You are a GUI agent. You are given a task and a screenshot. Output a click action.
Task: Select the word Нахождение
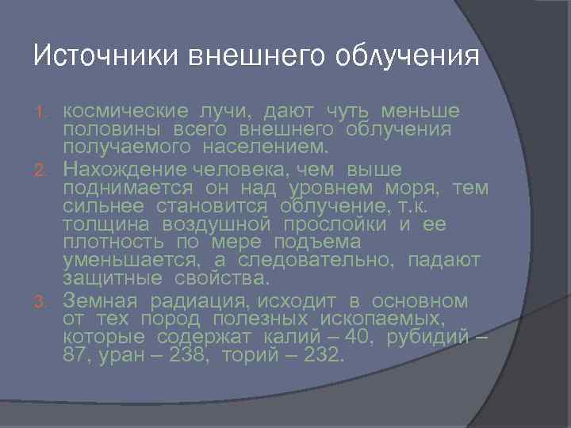[124, 170]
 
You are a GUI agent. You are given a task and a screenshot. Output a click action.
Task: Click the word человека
[255, 170]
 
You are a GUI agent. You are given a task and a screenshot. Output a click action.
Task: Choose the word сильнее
[104, 206]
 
